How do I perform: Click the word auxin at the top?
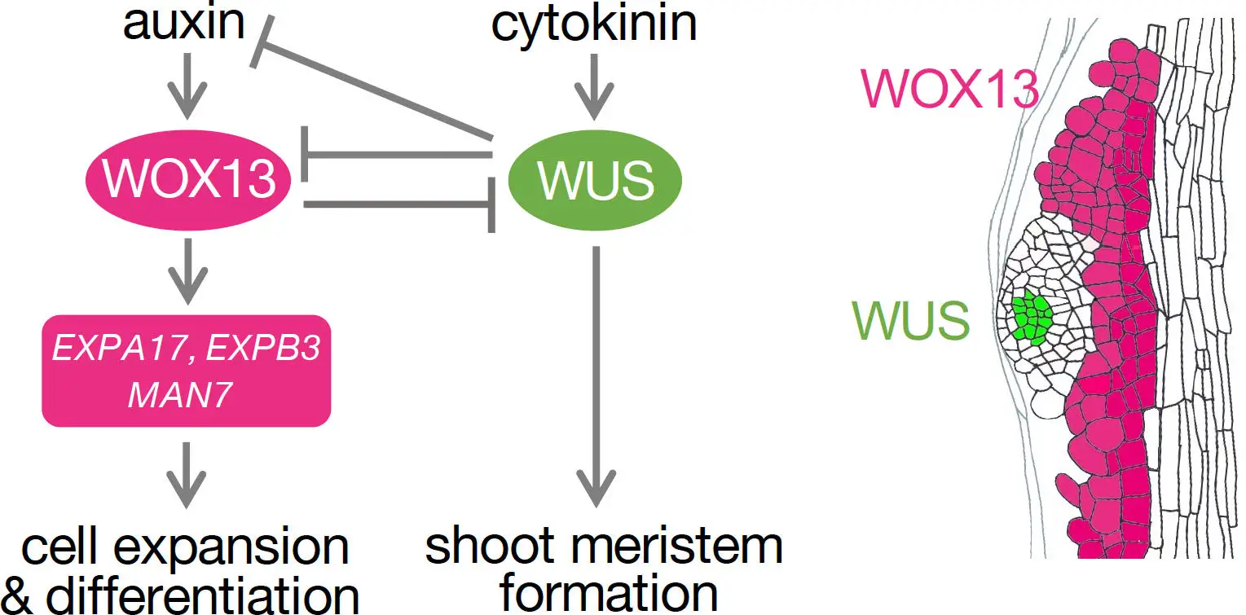[183, 23]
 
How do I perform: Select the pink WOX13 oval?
[190, 179]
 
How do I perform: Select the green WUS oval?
[595, 180]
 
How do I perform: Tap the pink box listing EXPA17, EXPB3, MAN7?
[187, 371]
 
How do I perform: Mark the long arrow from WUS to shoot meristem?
[596, 375]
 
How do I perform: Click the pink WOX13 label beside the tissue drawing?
[949, 87]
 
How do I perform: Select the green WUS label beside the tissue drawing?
[910, 320]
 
